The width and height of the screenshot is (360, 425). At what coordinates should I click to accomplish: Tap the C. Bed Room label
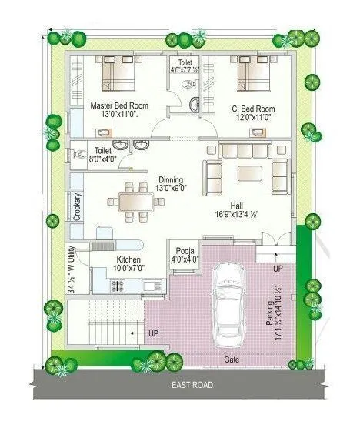click(253, 109)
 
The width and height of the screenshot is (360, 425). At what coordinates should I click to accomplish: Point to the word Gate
click(231, 360)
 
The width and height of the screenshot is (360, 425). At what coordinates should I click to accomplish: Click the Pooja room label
click(185, 251)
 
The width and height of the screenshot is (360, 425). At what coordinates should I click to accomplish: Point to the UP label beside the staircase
click(154, 333)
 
